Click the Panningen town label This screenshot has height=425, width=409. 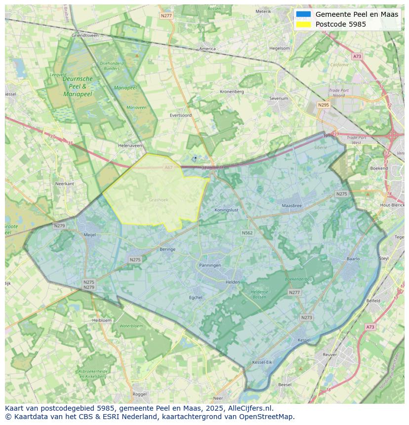(x=210, y=265)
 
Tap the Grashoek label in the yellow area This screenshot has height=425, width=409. (x=159, y=200)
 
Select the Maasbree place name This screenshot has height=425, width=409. (x=291, y=205)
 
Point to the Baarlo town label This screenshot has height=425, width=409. (x=353, y=259)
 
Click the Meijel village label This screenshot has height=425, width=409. (x=90, y=235)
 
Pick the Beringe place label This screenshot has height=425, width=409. (x=167, y=249)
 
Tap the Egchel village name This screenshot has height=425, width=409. (x=196, y=297)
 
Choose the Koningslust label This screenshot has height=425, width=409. (x=227, y=210)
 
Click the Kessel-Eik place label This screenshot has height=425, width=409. (x=262, y=362)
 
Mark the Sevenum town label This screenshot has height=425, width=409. (x=279, y=98)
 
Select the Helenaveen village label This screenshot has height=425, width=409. (x=130, y=146)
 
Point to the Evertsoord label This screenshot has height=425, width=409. (x=180, y=115)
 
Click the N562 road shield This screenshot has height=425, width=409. (x=247, y=232)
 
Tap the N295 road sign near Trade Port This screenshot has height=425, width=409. (x=324, y=105)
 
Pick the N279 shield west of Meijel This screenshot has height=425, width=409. (x=59, y=226)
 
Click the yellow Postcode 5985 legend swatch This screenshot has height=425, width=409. (x=303, y=24)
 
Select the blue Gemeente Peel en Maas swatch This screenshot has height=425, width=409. (x=303, y=14)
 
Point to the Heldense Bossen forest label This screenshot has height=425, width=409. (x=259, y=294)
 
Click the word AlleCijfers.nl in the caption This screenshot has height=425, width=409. (x=250, y=408)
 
